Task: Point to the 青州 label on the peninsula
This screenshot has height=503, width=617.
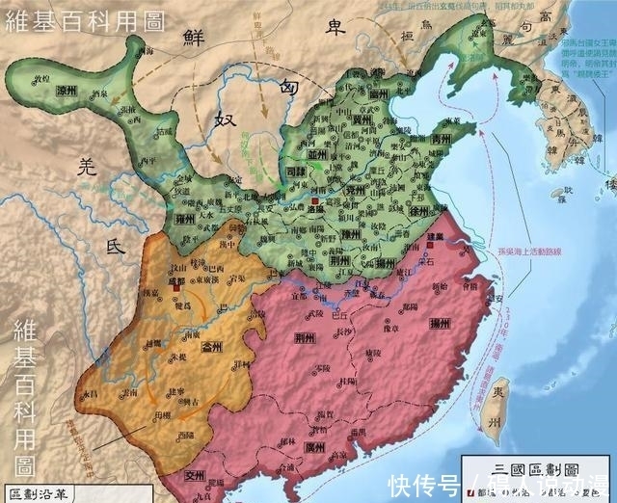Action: point(443,138)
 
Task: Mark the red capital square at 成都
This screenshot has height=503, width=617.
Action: point(176,286)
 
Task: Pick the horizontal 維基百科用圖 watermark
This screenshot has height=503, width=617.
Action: point(82,19)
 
